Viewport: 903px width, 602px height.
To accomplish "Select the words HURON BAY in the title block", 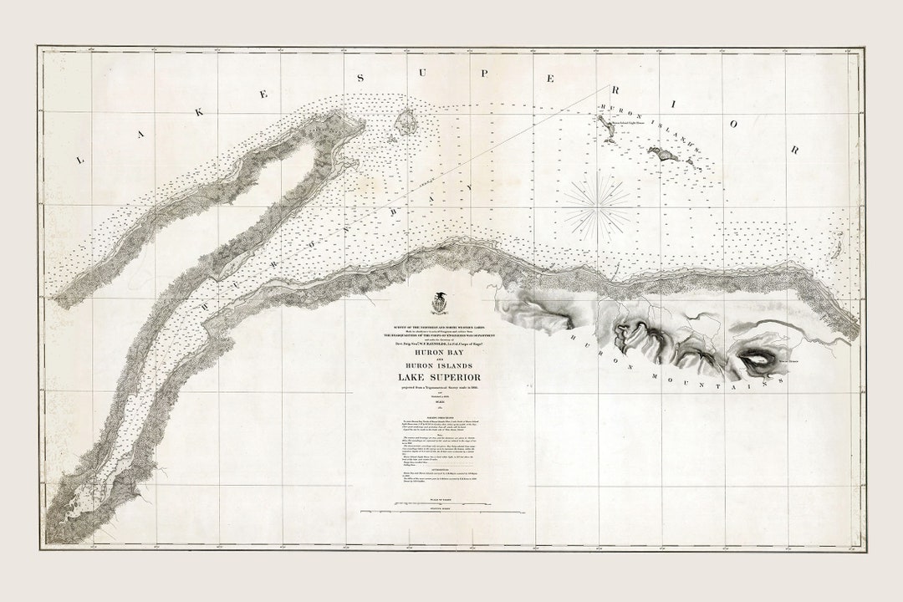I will [x=436, y=353].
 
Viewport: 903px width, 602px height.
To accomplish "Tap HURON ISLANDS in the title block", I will [x=436, y=368].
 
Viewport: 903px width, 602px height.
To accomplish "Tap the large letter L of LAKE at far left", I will [x=81, y=159].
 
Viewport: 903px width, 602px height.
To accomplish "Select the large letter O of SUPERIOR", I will [x=735, y=124].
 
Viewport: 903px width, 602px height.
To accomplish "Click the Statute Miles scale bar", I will [x=436, y=512].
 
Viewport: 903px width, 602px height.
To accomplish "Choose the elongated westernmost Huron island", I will [x=604, y=125].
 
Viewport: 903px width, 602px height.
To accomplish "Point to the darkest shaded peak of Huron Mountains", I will [x=757, y=357].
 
